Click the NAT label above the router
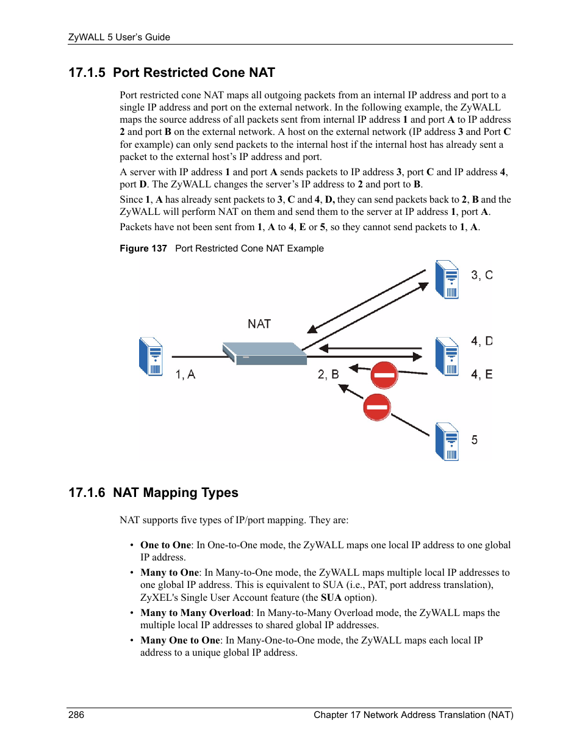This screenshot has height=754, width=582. point(259,324)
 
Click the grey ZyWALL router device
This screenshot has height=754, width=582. point(265,353)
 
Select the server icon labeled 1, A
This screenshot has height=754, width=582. point(151,357)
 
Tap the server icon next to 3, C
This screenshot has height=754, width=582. point(447,280)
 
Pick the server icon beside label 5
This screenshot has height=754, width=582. point(447,441)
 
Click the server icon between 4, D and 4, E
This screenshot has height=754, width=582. point(447,357)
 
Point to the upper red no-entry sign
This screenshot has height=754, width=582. point(384,375)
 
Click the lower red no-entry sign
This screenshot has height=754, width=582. point(376,407)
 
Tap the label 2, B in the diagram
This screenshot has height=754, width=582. point(328,374)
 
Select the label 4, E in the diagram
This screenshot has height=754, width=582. point(481,374)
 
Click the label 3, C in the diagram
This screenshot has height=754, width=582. point(481,275)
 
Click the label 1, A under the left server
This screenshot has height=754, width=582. point(185,374)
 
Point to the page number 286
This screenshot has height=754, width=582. point(76,715)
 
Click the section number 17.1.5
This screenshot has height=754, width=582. point(87,73)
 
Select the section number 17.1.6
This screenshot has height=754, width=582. point(87,493)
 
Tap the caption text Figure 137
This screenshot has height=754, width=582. point(143,248)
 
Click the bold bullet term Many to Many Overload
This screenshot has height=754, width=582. point(195,612)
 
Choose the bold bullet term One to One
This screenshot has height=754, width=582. point(165,545)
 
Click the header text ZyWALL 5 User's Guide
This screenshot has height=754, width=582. point(119,37)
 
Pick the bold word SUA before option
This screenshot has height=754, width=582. point(331,597)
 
